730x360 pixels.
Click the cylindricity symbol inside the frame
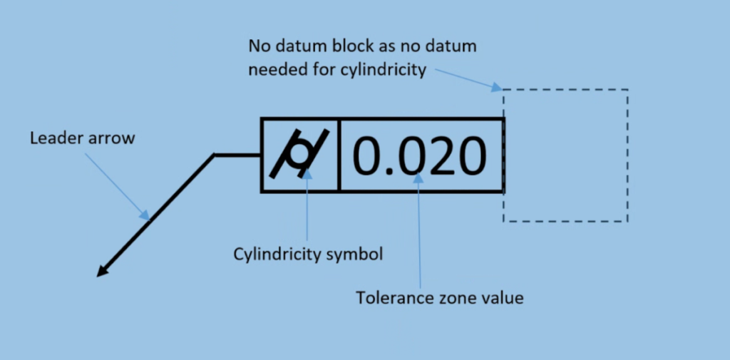coord(299,155)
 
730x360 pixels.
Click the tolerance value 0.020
coord(421,155)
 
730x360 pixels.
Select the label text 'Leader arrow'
coord(82,138)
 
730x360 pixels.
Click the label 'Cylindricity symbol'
coord(308,254)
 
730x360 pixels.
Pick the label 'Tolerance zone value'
coord(440,297)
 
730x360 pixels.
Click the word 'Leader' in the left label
coord(53,138)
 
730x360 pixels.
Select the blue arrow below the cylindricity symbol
coord(307,207)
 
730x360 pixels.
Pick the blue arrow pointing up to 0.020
coord(419,228)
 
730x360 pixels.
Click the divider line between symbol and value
coord(339,155)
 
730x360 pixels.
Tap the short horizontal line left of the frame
coord(237,155)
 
